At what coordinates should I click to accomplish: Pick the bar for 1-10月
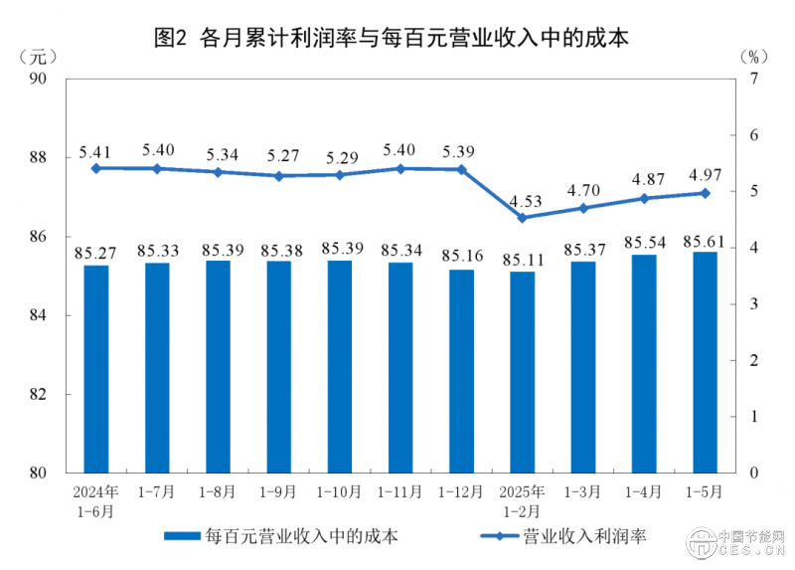(339, 365)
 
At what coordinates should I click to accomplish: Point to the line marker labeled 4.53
(523, 217)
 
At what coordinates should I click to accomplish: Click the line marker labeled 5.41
(96, 168)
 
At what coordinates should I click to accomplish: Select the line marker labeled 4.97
(705, 193)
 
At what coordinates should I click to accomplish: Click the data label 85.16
(461, 256)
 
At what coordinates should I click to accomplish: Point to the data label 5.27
(278, 156)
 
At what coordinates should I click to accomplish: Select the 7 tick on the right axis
(753, 79)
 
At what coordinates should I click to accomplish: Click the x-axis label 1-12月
(461, 492)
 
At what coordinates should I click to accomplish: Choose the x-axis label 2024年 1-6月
(96, 500)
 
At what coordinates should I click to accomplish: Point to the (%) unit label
(754, 55)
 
